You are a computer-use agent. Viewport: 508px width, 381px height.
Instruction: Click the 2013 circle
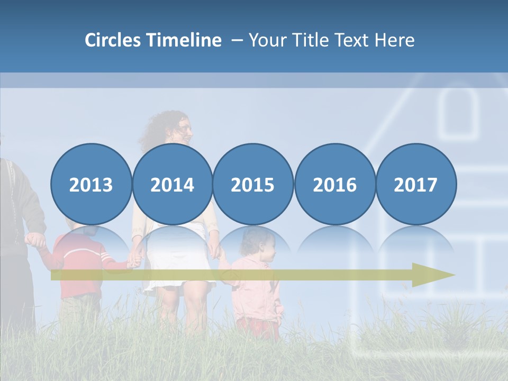point(91,184)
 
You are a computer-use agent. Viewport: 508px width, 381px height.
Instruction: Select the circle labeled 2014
point(172,184)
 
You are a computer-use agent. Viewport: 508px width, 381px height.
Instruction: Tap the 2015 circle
point(253,184)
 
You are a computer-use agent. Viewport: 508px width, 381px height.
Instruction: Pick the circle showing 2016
point(334,184)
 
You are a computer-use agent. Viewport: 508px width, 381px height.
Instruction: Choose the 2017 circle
point(415,184)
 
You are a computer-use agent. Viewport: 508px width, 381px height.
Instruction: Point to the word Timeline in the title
point(185,40)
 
